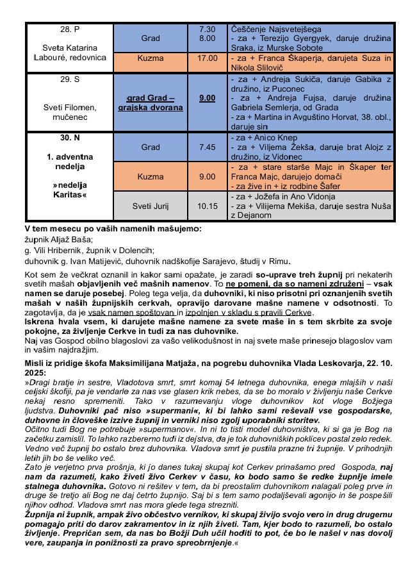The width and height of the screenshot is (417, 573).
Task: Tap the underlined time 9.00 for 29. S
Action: (208, 98)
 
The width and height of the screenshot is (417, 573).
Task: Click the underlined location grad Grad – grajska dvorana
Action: (151, 103)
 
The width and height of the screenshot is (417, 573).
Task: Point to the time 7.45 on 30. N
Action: (208, 147)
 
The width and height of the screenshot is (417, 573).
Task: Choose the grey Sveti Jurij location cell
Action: (151, 206)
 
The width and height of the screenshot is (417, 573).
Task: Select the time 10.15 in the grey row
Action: (208, 206)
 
